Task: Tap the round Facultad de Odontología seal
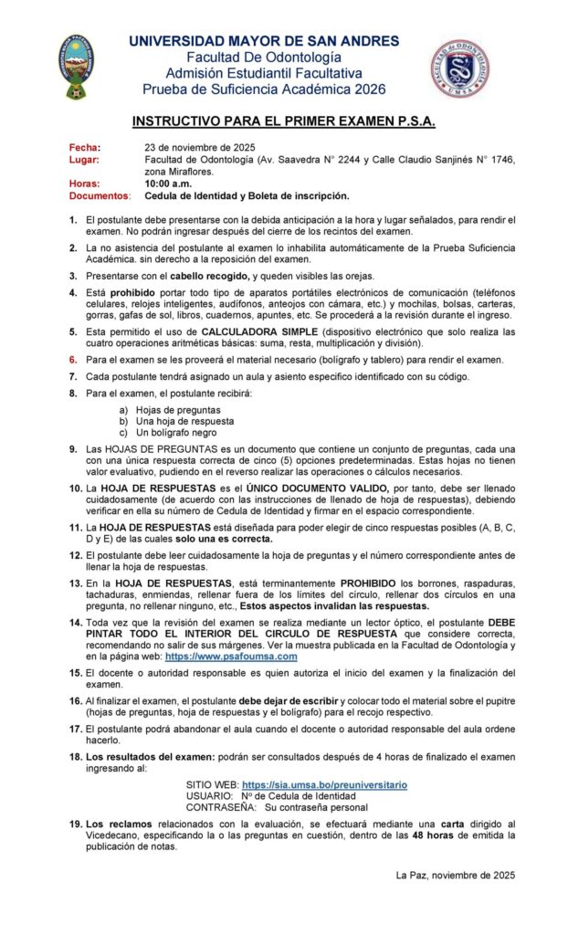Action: pyautogui.click(x=459, y=69)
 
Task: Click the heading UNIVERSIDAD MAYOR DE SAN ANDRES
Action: pyautogui.click(x=264, y=41)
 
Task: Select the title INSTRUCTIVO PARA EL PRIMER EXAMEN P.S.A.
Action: pyautogui.click(x=283, y=121)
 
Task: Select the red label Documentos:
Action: pyautogui.click(x=100, y=195)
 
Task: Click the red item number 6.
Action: pyautogui.click(x=72, y=360)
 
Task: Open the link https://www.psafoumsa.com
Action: pyautogui.click(x=231, y=656)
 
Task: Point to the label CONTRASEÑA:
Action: pyautogui.click(x=221, y=807)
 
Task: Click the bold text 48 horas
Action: pyautogui.click(x=429, y=835)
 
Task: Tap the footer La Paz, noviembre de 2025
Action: pyautogui.click(x=456, y=874)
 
